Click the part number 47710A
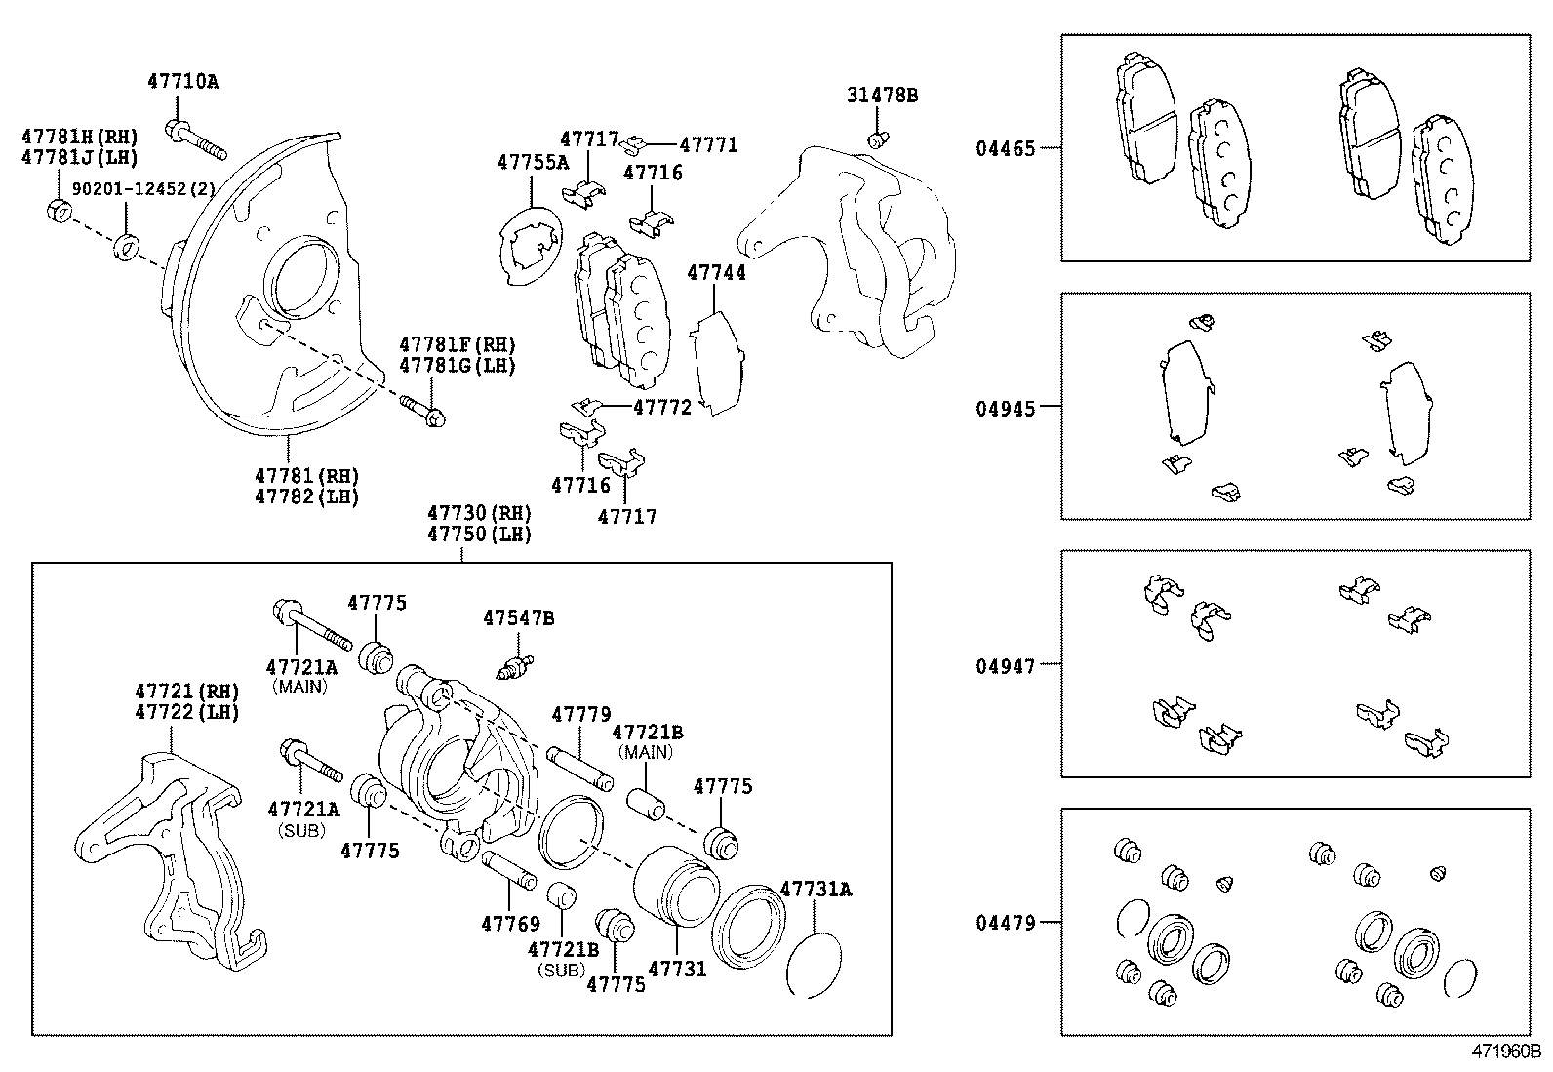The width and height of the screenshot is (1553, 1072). tap(183, 82)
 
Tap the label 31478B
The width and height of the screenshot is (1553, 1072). tap(882, 96)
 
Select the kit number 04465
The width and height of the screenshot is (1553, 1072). tap(1006, 149)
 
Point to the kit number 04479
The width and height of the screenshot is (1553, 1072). tap(1006, 923)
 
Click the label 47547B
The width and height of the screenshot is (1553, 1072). tap(519, 617)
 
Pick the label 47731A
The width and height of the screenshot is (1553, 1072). tap(816, 890)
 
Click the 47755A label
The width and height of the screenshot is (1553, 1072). tap(533, 162)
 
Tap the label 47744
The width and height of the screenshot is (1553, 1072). tap(716, 273)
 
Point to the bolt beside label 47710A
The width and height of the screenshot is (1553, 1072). tap(196, 140)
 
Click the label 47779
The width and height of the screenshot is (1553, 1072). tap(581, 715)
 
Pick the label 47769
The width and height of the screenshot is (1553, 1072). tap(510, 923)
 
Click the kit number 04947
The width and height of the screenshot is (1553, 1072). tap(1006, 665)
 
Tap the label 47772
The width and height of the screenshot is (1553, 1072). tap(661, 407)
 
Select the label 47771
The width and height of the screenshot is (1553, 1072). tap(708, 145)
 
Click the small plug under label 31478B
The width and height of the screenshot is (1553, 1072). tap(877, 140)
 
